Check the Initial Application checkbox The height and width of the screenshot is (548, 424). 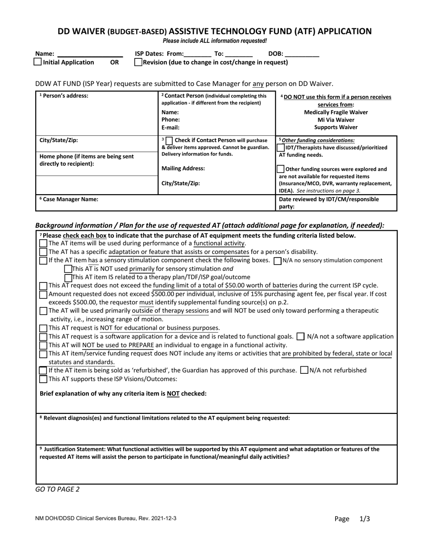(38, 62)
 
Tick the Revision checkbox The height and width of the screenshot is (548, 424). (138, 62)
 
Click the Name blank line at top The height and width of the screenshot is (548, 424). (90, 53)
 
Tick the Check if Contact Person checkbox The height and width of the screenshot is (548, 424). (169, 141)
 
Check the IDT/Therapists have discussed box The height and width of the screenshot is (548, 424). (280, 147)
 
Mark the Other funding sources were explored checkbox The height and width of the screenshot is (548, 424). (280, 169)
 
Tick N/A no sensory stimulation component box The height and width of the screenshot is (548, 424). (277, 261)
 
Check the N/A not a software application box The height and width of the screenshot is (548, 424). (301, 336)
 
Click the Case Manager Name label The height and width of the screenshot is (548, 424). (69, 200)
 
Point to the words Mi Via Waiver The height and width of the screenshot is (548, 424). (336, 120)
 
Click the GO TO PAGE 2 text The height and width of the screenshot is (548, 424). (57, 489)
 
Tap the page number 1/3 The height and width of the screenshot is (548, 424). (365, 519)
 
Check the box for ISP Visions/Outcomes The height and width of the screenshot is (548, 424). (43, 379)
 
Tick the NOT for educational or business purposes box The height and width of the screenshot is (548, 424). (43, 328)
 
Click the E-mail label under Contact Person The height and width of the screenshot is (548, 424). (170, 127)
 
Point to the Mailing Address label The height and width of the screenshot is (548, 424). (183, 168)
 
